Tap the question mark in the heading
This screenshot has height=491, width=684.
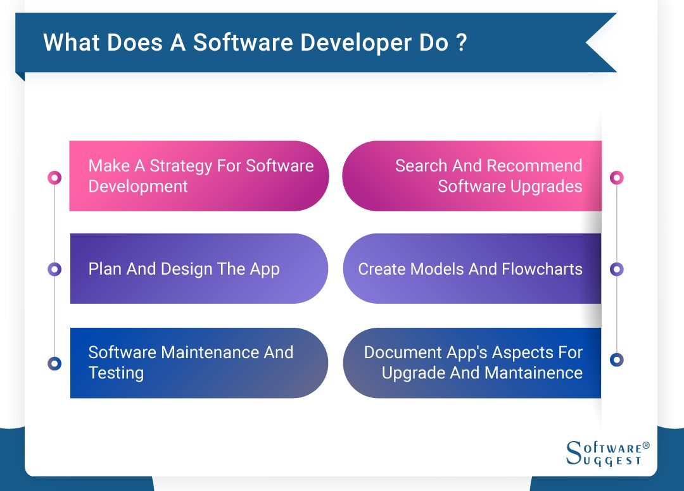461,42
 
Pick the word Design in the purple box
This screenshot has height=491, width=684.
186,270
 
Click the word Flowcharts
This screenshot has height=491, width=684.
542,270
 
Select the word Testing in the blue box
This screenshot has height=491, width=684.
116,373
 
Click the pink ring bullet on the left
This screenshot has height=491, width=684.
54,178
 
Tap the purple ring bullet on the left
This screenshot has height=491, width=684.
54,270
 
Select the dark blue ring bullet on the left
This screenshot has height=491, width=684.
54,363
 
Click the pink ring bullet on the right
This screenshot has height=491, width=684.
617,178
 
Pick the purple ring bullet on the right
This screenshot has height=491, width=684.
617,270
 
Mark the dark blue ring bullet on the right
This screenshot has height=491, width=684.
617,360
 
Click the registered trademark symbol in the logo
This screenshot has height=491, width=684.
646,446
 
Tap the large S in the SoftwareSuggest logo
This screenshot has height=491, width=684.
574,453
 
